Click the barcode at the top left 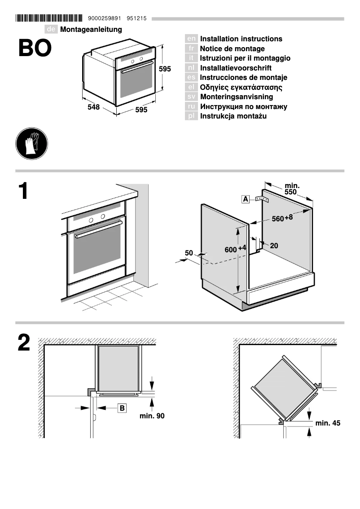tap(49, 18)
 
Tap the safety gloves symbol tap(31, 143)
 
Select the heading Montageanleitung tap(91, 29)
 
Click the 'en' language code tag tap(191, 39)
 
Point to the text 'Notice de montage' tap(232, 48)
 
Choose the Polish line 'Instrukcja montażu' tap(233, 116)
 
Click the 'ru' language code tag tap(191, 107)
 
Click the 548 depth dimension tap(93, 108)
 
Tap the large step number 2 tap(24, 343)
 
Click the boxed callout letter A tap(246, 199)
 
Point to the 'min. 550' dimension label tap(292, 189)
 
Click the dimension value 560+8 tap(282, 218)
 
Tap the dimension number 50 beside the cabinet tap(189, 253)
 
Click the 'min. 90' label tap(152, 416)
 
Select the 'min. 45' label tap(328, 423)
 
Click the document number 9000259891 tap(105, 18)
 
